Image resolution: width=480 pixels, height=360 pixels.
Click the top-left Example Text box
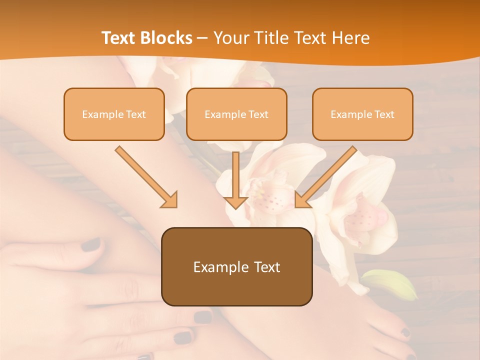point(114,114)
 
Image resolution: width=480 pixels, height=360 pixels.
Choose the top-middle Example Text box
point(236,114)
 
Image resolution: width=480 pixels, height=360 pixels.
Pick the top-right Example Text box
point(362,114)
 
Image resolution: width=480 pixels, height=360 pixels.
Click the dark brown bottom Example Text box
point(236,266)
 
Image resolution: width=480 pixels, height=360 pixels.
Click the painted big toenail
point(405,332)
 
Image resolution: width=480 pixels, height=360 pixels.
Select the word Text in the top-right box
point(384,114)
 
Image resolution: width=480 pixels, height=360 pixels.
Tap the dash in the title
point(202,38)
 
